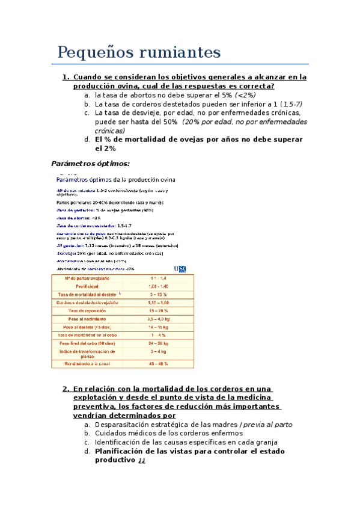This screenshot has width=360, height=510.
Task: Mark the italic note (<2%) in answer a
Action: tap(245, 95)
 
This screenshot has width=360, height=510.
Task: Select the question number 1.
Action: tap(66, 77)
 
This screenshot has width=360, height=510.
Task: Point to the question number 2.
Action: tap(66, 389)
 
